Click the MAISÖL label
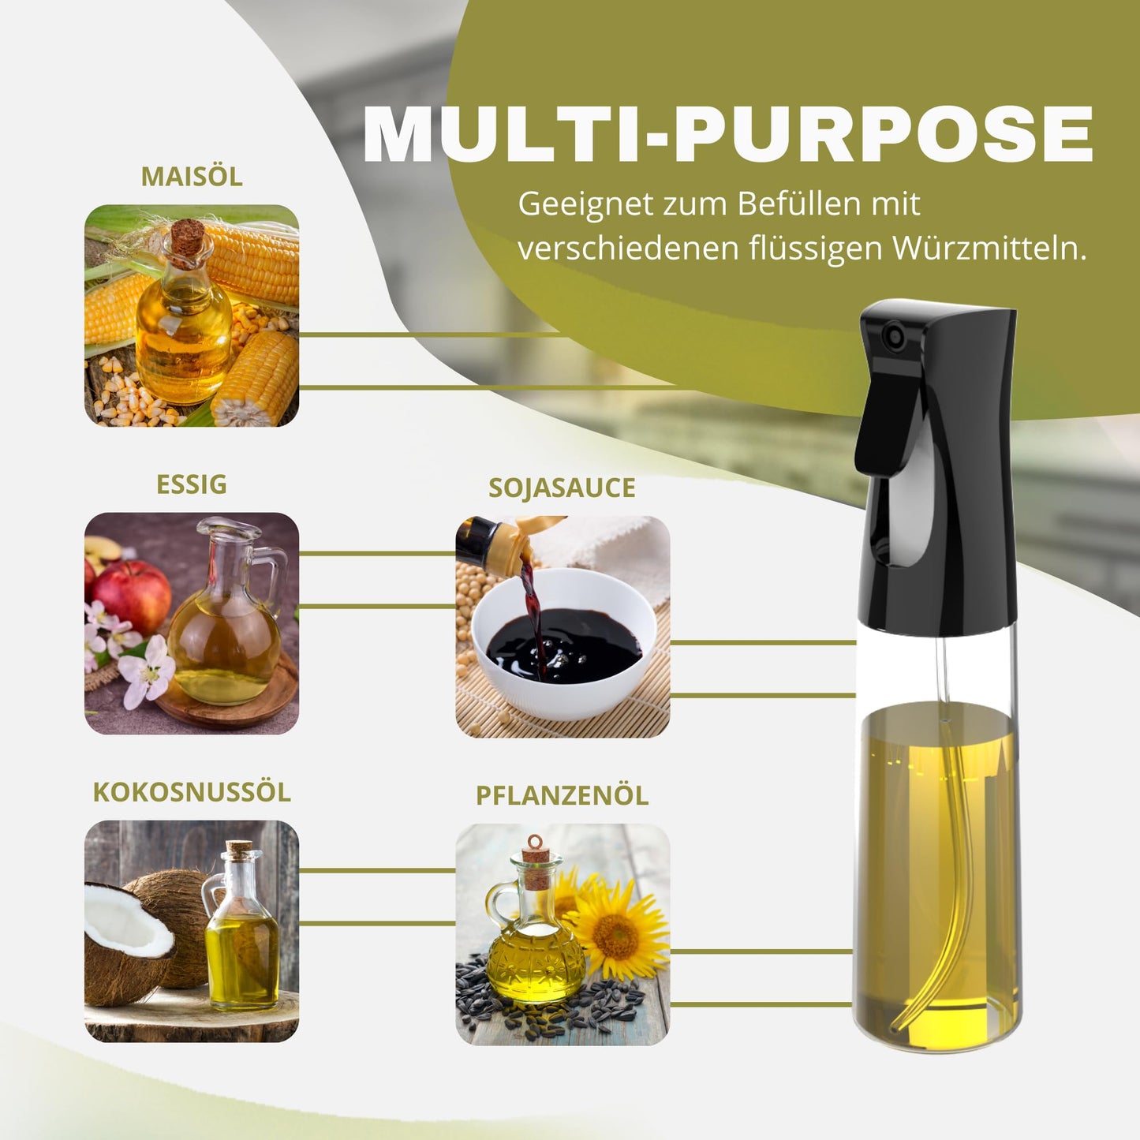click(192, 176)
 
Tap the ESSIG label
click(192, 484)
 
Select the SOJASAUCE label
click(562, 488)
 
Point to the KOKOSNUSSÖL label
click(192, 792)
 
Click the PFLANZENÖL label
click(562, 796)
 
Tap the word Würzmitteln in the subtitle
click(989, 249)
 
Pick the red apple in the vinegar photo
click(131, 596)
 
